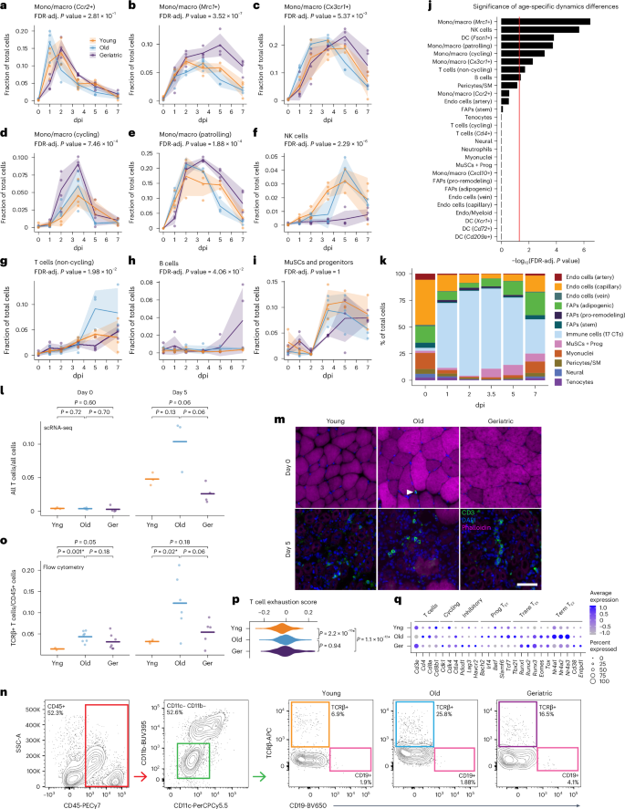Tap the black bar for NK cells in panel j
(538, 29)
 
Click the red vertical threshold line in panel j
(518, 128)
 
